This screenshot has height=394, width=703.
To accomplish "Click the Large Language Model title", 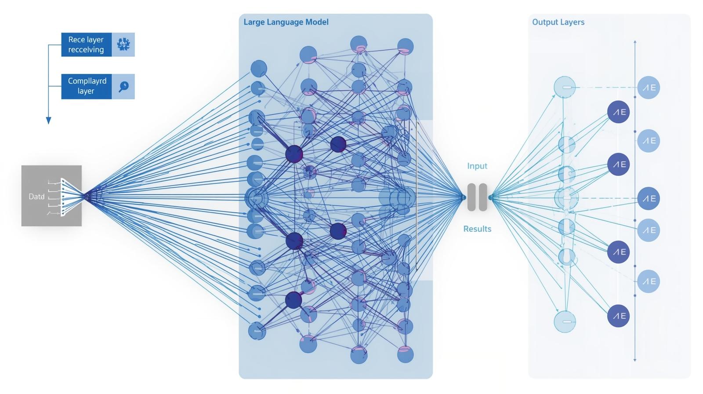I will click(x=286, y=22).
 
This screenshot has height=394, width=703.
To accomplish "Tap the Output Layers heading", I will click(x=558, y=22).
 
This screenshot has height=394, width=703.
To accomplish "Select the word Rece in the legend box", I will click(x=76, y=40).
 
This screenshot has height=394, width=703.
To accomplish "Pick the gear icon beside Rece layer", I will click(x=123, y=44).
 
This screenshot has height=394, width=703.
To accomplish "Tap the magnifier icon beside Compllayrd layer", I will click(x=123, y=86).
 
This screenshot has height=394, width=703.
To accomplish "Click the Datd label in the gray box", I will click(x=36, y=197).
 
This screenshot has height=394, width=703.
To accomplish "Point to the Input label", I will click(x=477, y=166).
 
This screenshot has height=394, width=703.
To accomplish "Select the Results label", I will click(x=477, y=229).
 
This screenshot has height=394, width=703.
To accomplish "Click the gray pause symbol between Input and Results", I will click(x=477, y=197).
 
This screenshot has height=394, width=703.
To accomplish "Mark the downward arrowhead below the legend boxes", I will click(x=49, y=120).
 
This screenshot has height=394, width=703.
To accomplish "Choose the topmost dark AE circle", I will click(x=619, y=112).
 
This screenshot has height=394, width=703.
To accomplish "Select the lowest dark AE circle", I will click(x=619, y=316).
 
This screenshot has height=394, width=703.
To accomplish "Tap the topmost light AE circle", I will click(x=649, y=88).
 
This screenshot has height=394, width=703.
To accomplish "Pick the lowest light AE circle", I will click(x=649, y=281).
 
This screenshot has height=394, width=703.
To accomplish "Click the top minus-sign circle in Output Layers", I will click(x=565, y=87).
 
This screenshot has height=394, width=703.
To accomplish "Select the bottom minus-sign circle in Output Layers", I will click(x=565, y=321).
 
